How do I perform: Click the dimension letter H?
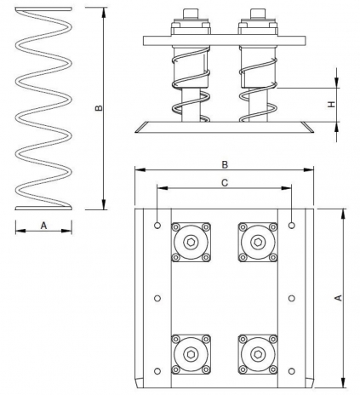point(331,104)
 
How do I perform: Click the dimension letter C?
point(225,183)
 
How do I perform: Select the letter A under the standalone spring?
point(43,226)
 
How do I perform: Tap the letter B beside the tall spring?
point(98,108)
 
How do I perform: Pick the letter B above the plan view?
point(225,165)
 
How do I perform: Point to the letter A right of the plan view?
point(338,298)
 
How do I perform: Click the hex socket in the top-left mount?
point(191,242)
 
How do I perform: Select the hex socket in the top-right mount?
point(258,242)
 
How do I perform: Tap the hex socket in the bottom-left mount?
point(191,354)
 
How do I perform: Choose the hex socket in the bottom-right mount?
point(258,354)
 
